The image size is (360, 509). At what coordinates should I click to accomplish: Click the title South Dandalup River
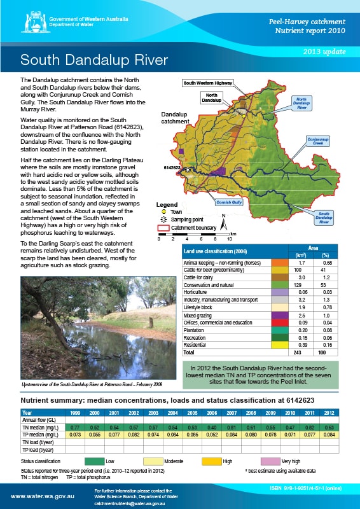point(94,60)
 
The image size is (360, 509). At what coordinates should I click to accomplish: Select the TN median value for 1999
point(76,428)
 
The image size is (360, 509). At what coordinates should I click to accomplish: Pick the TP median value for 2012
point(329,436)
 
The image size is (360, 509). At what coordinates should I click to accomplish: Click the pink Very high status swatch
point(270,460)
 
